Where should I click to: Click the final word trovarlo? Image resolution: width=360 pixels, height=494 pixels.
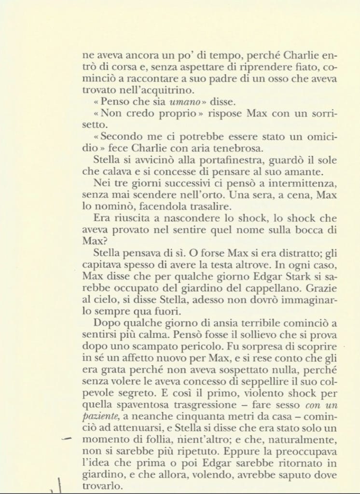point(103,485)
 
